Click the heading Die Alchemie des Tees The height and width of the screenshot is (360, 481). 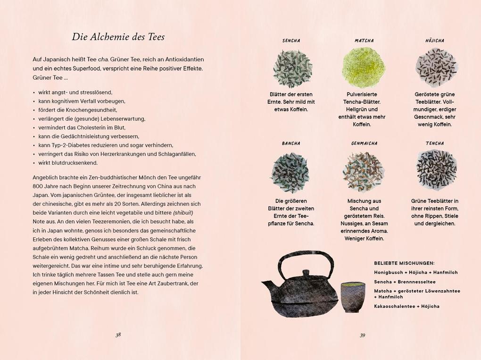[x=118, y=37]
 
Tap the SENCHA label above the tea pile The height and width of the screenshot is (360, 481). [x=291, y=41]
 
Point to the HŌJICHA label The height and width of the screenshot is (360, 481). [x=434, y=41]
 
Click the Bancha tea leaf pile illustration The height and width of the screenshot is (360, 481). [x=290, y=172]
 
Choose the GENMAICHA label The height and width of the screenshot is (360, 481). [x=364, y=143]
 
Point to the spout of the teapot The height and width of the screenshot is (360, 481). [x=267, y=286]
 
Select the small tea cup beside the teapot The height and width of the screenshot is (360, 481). [x=353, y=297]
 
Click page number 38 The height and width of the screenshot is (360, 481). [x=118, y=335]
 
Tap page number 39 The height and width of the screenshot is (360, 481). [x=362, y=335]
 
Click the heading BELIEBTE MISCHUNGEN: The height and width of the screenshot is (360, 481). [x=404, y=263]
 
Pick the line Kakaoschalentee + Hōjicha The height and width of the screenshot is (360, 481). [x=406, y=306]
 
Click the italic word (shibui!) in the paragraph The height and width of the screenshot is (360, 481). [x=183, y=213]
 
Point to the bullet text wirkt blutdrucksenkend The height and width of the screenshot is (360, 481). [x=68, y=163]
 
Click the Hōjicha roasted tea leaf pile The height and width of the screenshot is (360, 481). [x=436, y=67]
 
